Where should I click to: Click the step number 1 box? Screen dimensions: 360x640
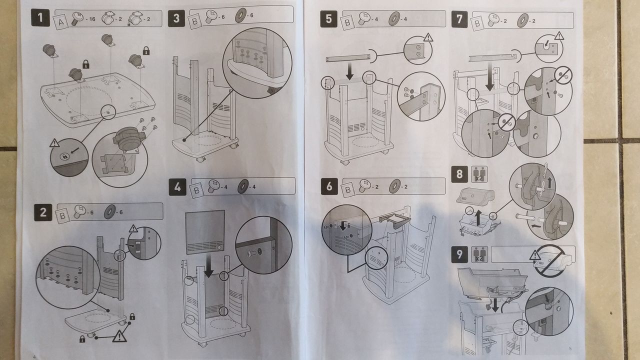pos(40,18)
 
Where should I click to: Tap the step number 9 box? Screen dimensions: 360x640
pos(459,255)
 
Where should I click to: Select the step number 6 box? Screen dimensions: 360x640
pos(328,186)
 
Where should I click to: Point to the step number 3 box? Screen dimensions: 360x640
pos(176,19)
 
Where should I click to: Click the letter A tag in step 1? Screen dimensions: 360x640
pos(60,22)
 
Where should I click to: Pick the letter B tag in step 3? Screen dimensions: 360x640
pos(194,21)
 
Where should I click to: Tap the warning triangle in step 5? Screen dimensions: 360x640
pos(428,37)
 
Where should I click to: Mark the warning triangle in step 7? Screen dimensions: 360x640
pos(559,36)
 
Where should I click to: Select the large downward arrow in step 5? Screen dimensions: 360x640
pos(349,71)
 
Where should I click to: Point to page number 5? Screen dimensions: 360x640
pos(570,347)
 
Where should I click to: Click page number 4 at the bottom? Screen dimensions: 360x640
pos(34,357)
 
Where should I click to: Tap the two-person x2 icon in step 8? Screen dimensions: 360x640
pos(477,175)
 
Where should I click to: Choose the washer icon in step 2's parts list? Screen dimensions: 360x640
pos(108,212)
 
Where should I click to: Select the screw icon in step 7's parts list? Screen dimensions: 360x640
pos(493,20)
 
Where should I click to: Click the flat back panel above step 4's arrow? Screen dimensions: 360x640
pos(205,232)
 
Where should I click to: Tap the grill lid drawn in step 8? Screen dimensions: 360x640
pos(475,195)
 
